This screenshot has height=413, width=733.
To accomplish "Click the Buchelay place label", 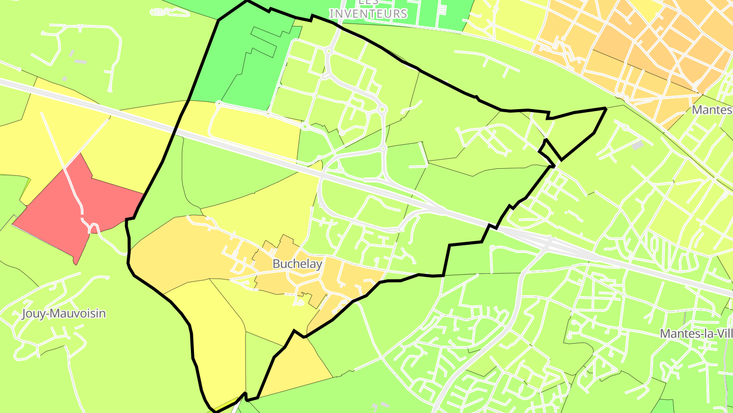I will pos(297,264).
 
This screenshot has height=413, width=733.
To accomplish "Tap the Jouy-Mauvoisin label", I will pos(64,313).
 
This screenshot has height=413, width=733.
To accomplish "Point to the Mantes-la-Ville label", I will pos(696,333).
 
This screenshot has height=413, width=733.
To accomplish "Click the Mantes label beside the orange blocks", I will pos(712,110).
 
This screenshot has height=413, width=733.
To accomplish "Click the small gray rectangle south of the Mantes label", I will pos(637,145).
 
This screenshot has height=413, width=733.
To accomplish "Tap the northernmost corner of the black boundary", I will pos(247,2).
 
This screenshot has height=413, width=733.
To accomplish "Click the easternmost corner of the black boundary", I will pos(605,109).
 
